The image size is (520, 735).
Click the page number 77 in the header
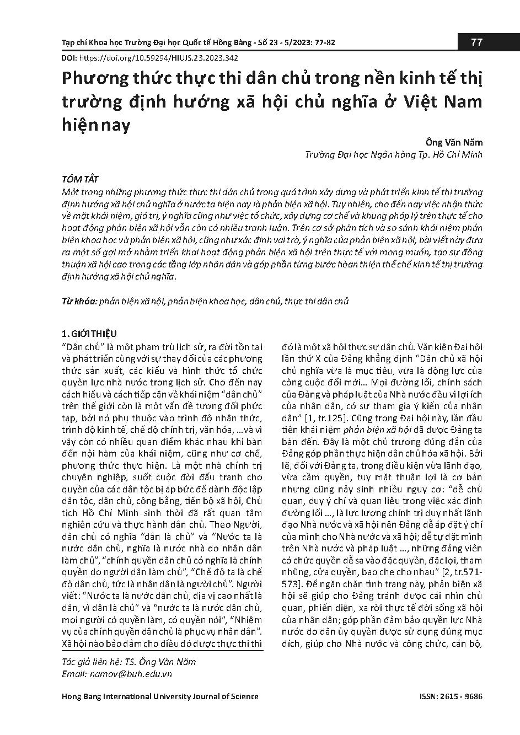pos(477,43)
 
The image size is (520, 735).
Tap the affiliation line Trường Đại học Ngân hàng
pos(394,154)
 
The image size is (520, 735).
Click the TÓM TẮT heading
pos(81,180)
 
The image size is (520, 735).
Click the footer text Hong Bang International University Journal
pos(160,696)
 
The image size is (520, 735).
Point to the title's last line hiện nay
pos(95,126)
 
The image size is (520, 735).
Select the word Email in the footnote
pos(73,673)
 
